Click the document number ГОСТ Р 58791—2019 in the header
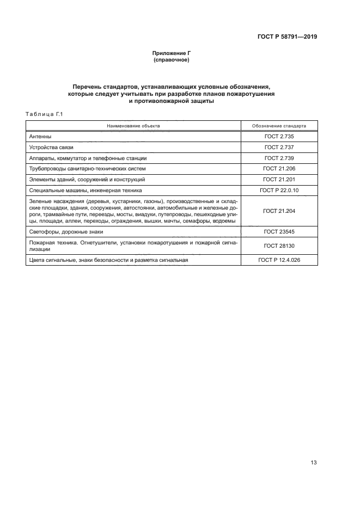click(x=287, y=37)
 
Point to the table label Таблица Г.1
click(x=45, y=114)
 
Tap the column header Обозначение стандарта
click(x=279, y=126)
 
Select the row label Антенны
click(x=40, y=137)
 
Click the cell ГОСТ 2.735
click(x=279, y=137)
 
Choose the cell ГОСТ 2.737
click(x=279, y=148)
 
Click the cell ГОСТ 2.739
click(x=279, y=158)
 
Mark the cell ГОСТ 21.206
click(x=279, y=169)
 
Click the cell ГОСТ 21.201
click(x=279, y=179)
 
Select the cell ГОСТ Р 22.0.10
click(x=279, y=190)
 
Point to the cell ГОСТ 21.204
click(x=279, y=211)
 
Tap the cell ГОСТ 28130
click(x=279, y=246)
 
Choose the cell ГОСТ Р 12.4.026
click(x=279, y=260)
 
